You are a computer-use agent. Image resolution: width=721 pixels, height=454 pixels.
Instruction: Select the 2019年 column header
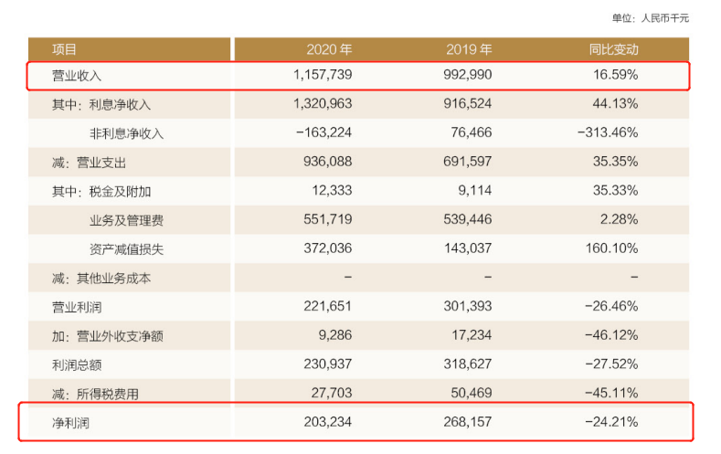click(469, 49)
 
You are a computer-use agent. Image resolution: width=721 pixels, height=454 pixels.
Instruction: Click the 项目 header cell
click(65, 49)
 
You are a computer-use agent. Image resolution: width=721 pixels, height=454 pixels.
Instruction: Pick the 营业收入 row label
click(77, 76)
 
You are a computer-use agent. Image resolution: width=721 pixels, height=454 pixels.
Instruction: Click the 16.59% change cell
click(614, 76)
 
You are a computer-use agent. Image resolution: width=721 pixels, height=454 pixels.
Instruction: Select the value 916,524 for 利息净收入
click(464, 104)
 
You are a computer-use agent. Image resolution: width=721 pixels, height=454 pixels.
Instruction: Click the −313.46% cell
click(608, 133)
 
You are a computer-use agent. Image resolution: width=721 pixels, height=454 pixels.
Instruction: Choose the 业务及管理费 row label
click(127, 220)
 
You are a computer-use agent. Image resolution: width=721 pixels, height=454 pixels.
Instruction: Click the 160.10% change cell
click(611, 248)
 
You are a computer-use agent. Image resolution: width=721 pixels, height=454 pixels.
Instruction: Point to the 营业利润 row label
click(77, 306)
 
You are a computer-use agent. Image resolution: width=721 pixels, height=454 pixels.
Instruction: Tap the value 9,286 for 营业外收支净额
click(334, 335)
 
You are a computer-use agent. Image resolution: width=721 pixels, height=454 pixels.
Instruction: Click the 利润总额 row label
click(77, 364)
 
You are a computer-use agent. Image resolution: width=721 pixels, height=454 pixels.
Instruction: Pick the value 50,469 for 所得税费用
click(469, 394)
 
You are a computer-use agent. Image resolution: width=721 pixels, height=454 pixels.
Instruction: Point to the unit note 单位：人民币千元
click(650, 17)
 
